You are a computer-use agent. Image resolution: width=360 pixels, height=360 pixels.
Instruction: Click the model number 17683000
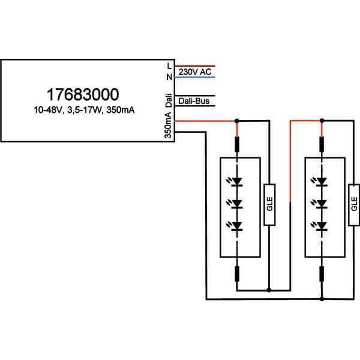83,94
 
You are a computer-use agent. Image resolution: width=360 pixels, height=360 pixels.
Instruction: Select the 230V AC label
193,72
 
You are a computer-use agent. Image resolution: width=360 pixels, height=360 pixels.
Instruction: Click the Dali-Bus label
194,102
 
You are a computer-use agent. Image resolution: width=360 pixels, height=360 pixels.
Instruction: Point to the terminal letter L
169,65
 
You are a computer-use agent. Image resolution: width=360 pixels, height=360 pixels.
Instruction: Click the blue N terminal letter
169,77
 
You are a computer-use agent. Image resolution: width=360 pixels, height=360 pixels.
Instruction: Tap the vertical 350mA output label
169,127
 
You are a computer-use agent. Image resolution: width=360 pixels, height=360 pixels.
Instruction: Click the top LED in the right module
322,181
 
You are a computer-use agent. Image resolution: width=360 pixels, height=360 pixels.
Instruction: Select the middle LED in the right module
322,203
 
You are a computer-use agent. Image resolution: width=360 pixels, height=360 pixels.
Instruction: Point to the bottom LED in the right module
322,226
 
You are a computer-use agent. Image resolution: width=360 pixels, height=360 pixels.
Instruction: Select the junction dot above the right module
322,121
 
